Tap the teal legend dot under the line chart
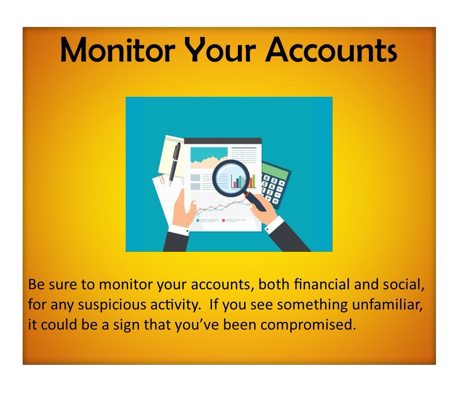197,221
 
